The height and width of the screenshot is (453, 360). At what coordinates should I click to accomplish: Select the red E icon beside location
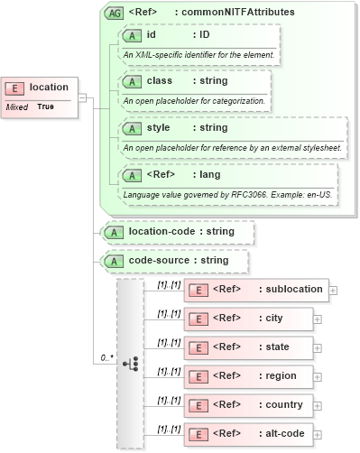tap(15, 88)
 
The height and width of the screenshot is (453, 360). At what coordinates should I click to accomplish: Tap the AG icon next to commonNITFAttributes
tap(115, 13)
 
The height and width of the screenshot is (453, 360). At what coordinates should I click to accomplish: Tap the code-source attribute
tap(175, 261)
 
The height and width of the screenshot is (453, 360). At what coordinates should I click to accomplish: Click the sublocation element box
tap(256, 290)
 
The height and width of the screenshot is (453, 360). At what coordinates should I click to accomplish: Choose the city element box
tap(248, 319)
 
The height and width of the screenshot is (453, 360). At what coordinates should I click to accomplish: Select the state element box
tap(249, 347)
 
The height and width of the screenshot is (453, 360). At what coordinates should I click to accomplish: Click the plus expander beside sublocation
tap(333, 291)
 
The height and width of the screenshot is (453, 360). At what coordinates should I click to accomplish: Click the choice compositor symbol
tap(131, 363)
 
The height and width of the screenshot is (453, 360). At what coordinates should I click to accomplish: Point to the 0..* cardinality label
tap(106, 358)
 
